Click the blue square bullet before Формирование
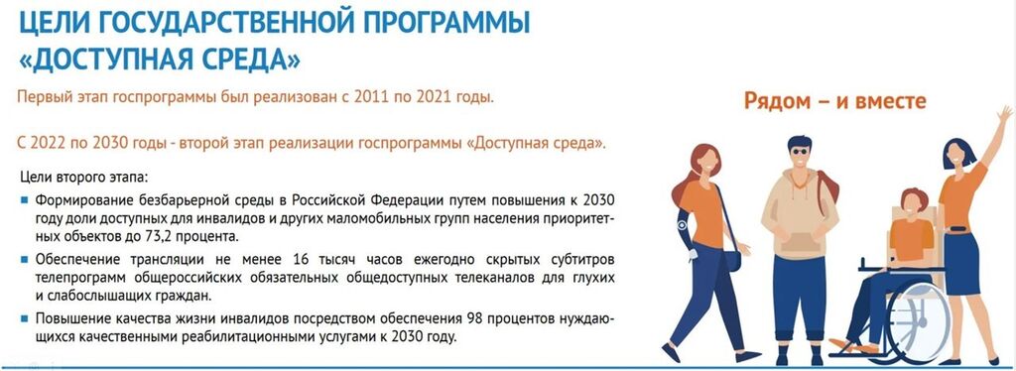[25, 200]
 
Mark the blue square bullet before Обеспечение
[25, 260]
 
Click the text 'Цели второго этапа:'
[85, 176]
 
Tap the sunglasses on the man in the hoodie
[800, 151]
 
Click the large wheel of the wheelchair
[918, 318]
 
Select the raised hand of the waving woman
[1004, 117]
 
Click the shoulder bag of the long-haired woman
[732, 260]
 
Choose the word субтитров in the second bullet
[567, 260]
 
